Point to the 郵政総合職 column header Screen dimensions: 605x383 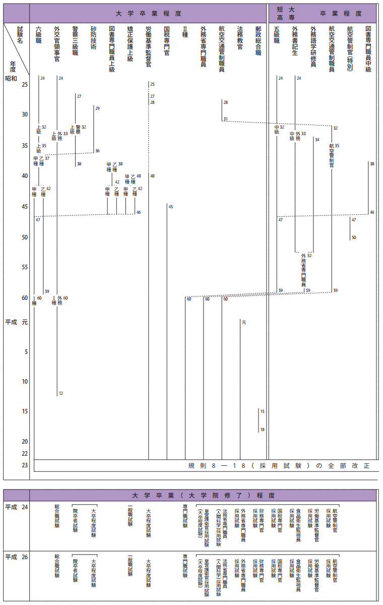coord(259,40)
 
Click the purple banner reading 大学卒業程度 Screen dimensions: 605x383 coord(148,13)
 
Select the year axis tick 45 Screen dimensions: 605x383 coord(24,206)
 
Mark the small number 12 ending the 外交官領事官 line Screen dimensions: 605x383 coord(61,393)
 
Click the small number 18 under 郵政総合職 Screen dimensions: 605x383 coord(262,430)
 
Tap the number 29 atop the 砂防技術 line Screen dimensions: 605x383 coord(97,108)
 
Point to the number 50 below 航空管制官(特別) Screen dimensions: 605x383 coord(354,237)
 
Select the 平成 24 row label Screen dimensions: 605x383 coord(16,507)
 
